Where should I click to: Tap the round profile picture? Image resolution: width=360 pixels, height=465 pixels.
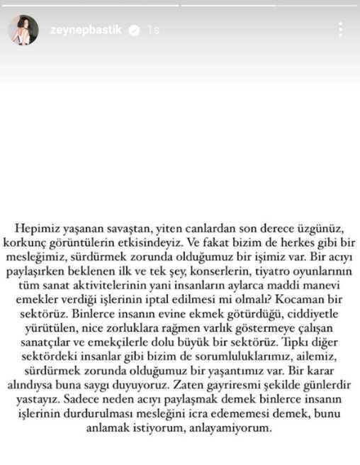23,30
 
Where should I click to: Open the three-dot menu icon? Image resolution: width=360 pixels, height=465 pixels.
341,30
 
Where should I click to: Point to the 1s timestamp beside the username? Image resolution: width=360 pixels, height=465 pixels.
153,30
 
